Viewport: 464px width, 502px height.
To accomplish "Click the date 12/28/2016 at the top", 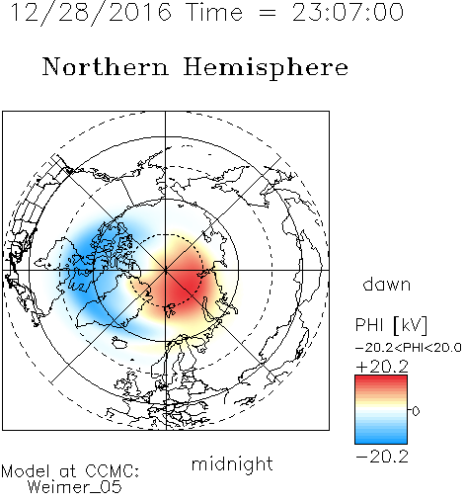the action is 91,12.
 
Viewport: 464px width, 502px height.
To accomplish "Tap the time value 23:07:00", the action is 348,12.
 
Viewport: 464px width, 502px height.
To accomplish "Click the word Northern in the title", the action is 106,66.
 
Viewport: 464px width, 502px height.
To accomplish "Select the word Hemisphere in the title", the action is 266,68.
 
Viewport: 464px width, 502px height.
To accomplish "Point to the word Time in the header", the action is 214,12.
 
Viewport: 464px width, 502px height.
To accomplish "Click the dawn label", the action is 387,284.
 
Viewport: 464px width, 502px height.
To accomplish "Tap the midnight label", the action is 232,463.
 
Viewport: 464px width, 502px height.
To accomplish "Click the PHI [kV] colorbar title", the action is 391,325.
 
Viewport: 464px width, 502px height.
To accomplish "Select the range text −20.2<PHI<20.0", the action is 409,348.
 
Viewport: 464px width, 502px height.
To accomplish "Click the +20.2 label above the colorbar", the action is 382,367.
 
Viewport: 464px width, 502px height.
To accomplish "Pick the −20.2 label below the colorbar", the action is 382,457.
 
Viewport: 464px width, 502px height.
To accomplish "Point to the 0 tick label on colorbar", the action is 416,411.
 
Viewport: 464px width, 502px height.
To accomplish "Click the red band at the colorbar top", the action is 381,380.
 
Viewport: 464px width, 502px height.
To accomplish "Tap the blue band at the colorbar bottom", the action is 381,438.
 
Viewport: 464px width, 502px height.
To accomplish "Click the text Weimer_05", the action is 75,487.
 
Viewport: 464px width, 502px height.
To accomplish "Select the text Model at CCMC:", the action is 70,471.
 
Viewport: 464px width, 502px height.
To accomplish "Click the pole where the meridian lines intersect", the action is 166,270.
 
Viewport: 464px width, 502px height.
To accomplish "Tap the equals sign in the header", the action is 268,13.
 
